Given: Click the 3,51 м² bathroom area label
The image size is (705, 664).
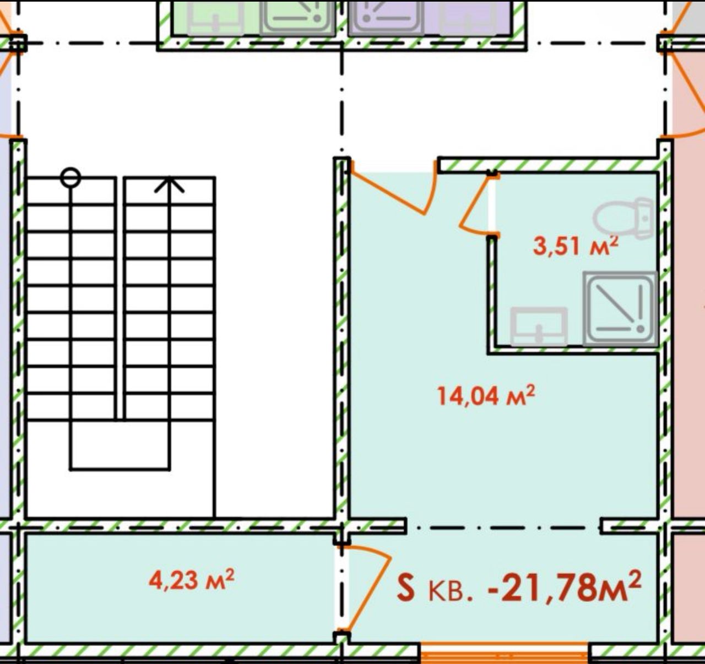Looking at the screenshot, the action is click(x=576, y=246).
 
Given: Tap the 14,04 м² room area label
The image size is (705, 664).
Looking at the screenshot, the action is click(x=486, y=395).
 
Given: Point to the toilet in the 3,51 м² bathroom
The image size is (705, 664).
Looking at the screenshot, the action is click(x=623, y=218).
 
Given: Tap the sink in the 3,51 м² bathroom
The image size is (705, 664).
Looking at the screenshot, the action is click(x=539, y=326).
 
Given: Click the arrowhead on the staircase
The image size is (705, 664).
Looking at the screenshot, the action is click(x=169, y=184).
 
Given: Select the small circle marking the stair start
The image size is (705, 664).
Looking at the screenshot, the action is click(x=70, y=177).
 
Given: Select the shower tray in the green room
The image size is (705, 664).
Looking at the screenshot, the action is click(x=297, y=18).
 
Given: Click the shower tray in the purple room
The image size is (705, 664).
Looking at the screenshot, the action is click(x=386, y=18).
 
